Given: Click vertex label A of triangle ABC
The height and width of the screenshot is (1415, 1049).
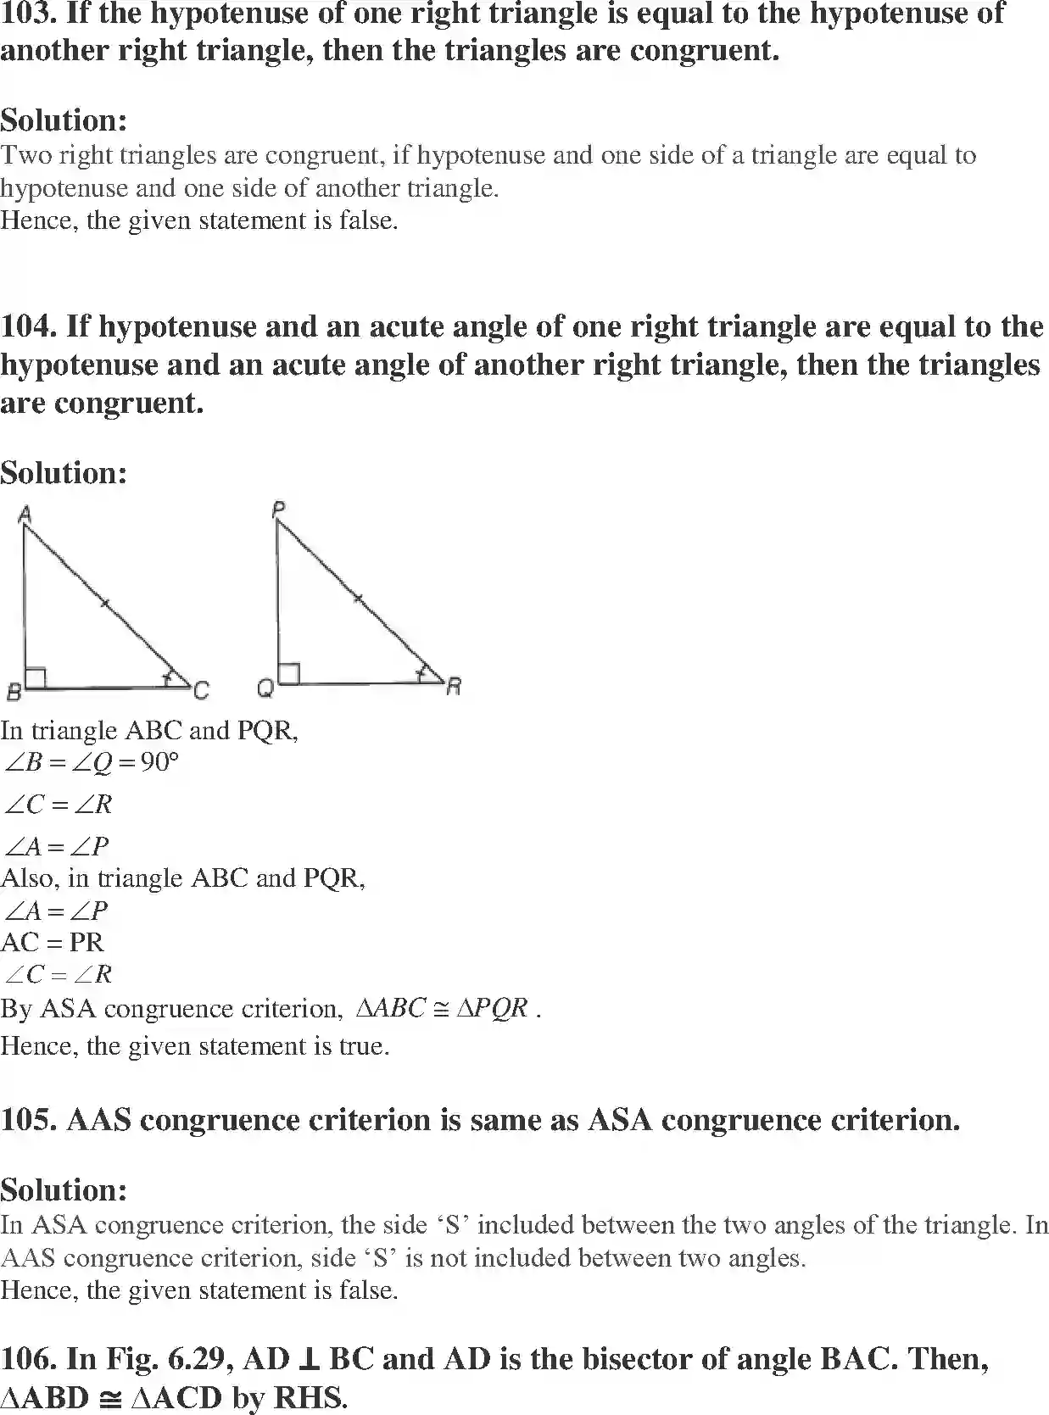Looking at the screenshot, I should (x=24, y=513).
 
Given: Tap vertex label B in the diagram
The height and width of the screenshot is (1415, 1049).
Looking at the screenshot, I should (x=13, y=693).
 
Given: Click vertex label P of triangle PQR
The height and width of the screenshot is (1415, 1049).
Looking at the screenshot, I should (x=278, y=509).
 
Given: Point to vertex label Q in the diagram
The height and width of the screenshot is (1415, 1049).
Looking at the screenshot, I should (x=265, y=690).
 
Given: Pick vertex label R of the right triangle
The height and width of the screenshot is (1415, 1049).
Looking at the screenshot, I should (x=454, y=686).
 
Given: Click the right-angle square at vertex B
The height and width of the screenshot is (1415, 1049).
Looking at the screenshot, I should (x=35, y=677).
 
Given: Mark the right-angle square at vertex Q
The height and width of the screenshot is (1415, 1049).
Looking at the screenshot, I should (x=288, y=674).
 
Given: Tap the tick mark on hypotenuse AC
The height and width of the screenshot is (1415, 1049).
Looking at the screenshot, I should (x=104, y=603).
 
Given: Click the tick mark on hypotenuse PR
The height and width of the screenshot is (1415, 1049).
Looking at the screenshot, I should (x=358, y=599).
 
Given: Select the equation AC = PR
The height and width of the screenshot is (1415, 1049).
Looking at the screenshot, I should (x=53, y=942).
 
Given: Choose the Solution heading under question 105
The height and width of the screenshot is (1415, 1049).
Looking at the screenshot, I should (x=64, y=1189).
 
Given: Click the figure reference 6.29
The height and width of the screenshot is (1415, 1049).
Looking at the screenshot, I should (x=201, y=1359).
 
